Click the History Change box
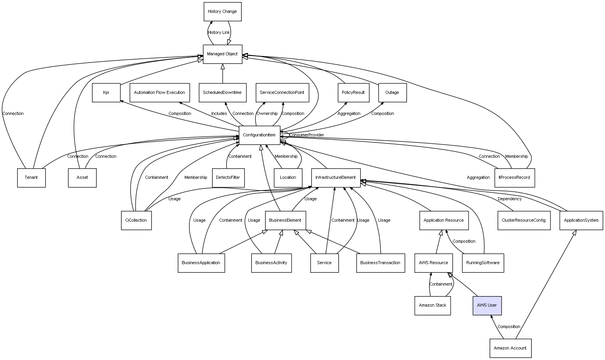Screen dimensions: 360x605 point(222,12)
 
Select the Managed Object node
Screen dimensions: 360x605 point(222,54)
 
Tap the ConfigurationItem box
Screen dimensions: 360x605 point(259,135)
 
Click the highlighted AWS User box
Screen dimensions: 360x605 point(487,305)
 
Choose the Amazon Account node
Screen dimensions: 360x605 point(510,348)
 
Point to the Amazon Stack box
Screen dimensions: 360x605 point(432,305)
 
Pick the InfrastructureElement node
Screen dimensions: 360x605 point(335,178)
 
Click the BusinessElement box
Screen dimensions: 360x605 point(285,221)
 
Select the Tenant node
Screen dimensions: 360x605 point(31,178)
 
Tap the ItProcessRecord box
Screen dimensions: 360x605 point(514,178)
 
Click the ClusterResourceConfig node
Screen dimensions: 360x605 point(524,221)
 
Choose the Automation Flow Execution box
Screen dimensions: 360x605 point(159,93)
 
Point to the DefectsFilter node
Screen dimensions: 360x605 point(228,178)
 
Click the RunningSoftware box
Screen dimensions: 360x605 point(483,263)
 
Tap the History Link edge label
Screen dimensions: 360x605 point(219,33)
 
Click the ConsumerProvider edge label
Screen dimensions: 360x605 point(306,135)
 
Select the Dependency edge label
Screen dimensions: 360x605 point(509,199)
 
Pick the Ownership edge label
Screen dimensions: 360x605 point(267,114)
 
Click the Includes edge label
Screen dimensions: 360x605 point(219,114)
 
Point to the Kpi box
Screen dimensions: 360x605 point(106,93)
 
